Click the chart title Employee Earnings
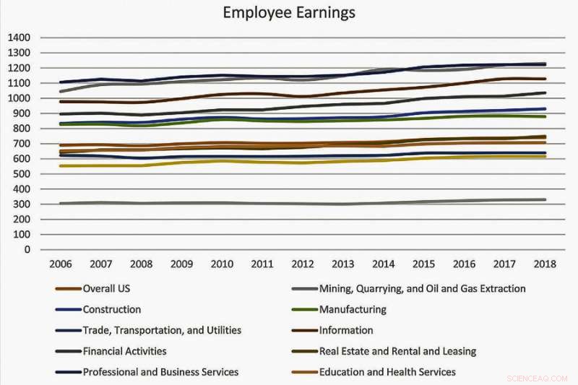pyautogui.click(x=288, y=13)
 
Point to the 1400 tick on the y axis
pyautogui.click(x=19, y=38)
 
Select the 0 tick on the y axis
pyautogui.click(x=27, y=250)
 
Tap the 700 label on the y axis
pyautogui.click(x=22, y=144)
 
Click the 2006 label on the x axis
pyautogui.click(x=60, y=264)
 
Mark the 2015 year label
pyautogui.click(x=423, y=264)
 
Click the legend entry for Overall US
pyautogui.click(x=107, y=289)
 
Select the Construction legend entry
pyautogui.click(x=112, y=309)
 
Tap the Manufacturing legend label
pyautogui.click(x=352, y=309)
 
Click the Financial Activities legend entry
pyautogui.click(x=125, y=351)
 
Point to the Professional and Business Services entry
pyautogui.click(x=160, y=372)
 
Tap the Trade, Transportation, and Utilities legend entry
pyautogui.click(x=162, y=330)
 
